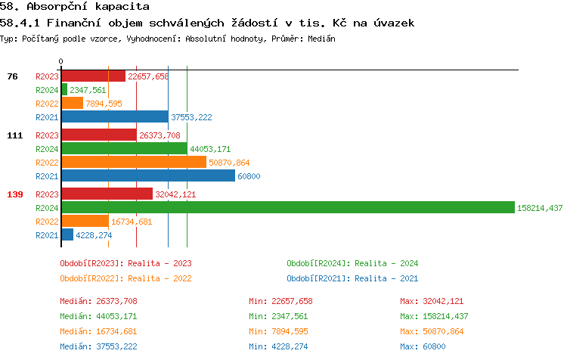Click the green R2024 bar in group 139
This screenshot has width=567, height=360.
pos(287,207)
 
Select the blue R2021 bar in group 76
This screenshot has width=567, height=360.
pos(114,117)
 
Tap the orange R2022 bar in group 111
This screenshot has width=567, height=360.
pos(133,163)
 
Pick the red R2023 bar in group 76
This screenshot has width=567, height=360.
pos(93,76)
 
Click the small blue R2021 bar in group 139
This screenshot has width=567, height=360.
pos(67,234)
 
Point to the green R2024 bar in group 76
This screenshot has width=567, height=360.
pos(64,89)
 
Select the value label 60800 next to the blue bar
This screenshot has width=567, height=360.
pos(249,176)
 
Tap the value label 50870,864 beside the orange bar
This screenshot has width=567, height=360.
pos(229,163)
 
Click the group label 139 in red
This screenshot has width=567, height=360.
pos(15,194)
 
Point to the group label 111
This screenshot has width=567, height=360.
pos(15,135)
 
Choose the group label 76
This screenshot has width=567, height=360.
pos(12,76)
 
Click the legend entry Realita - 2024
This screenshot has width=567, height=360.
pos(352,263)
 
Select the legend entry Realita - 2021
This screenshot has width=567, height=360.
pos(352,278)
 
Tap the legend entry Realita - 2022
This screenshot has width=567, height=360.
pos(125,278)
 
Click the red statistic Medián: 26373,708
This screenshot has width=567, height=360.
pos(98,301)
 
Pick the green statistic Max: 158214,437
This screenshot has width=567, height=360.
pos(434,316)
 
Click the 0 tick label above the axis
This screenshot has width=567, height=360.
pos(61,62)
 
